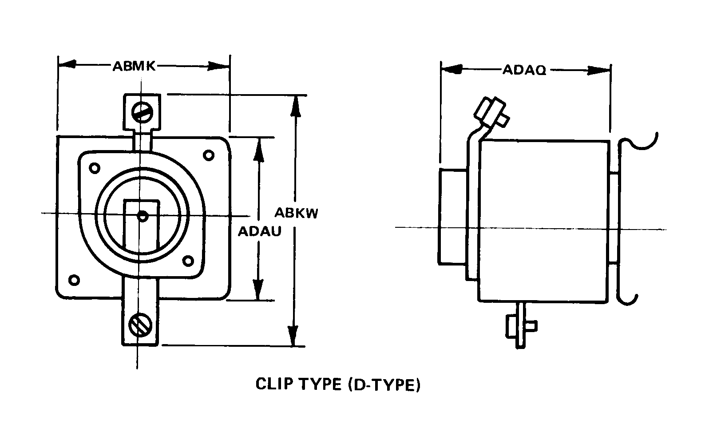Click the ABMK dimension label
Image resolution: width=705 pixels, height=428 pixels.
click(x=134, y=66)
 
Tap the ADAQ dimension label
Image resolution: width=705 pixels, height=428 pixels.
click(x=524, y=70)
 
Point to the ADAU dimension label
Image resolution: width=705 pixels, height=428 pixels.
click(x=259, y=231)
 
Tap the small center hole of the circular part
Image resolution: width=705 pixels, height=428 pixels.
click(x=142, y=217)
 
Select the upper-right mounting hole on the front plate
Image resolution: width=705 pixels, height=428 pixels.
click(x=208, y=155)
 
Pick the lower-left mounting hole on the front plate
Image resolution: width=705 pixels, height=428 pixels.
click(x=75, y=280)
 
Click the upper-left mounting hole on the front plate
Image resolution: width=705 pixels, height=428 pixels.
click(x=94, y=168)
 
